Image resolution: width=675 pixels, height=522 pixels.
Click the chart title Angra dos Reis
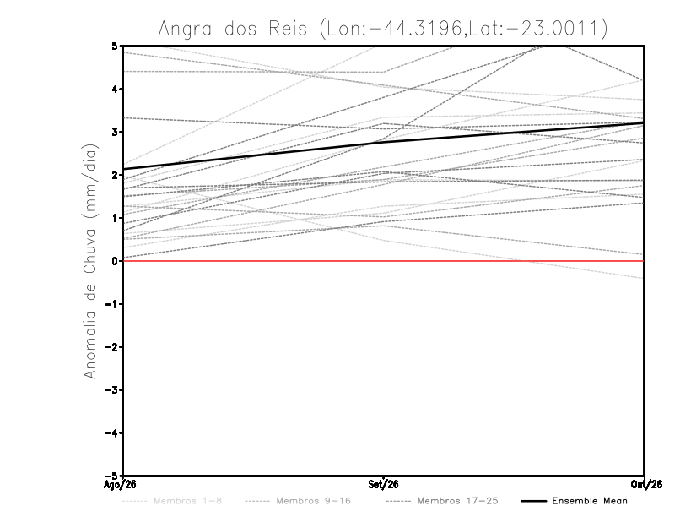pos(233,29)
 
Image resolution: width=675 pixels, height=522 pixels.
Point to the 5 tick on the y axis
pos(115,46)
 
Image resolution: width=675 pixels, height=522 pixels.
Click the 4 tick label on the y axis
pos(115,89)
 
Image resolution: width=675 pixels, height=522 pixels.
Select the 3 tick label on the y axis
pos(115,132)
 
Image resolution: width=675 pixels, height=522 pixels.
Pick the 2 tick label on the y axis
pos(115,175)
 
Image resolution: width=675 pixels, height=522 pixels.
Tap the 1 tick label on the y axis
pos(115,218)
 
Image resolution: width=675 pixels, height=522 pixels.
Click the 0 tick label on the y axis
pos(115,261)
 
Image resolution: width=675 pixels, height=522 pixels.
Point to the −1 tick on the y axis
pos(111,304)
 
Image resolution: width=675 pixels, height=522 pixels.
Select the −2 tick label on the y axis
pos(111,347)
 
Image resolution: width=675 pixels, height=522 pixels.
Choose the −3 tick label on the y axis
pos(111,390)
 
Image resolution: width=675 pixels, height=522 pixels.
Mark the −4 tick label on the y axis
pos(111,432)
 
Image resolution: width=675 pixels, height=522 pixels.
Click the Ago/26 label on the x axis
pos(120,485)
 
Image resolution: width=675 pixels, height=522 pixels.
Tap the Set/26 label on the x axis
pos(383,485)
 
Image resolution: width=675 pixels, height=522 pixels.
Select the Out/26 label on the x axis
pos(646,485)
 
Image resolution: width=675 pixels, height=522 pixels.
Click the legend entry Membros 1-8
pos(172,501)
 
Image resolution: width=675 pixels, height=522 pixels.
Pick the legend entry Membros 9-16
pos(298,501)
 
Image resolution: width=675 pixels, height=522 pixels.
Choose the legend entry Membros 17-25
pos(442,501)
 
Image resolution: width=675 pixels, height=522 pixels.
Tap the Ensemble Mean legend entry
pos(575,501)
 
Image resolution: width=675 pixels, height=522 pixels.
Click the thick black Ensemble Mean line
pos(383,141)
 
